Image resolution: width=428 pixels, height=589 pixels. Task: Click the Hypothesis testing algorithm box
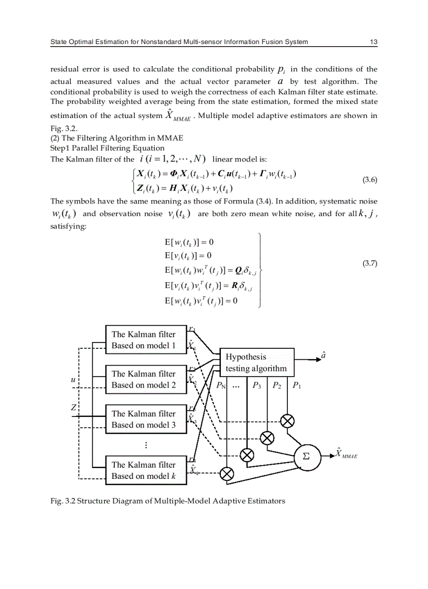[256, 362]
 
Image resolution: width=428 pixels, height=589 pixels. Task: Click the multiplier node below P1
[287, 421]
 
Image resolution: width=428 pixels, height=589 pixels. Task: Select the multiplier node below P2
[267, 437]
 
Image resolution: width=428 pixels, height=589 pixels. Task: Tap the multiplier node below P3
[247, 454]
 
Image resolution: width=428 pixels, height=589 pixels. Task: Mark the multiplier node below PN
[226, 474]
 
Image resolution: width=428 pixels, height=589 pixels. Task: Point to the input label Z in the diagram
[73, 408]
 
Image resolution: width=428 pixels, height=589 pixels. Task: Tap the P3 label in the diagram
[256, 386]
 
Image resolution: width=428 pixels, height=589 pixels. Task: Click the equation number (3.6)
[370, 180]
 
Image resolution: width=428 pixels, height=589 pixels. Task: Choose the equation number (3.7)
[370, 263]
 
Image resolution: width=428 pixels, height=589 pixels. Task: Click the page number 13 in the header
[373, 41]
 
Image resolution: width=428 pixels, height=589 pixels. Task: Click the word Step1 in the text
[61, 148]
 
